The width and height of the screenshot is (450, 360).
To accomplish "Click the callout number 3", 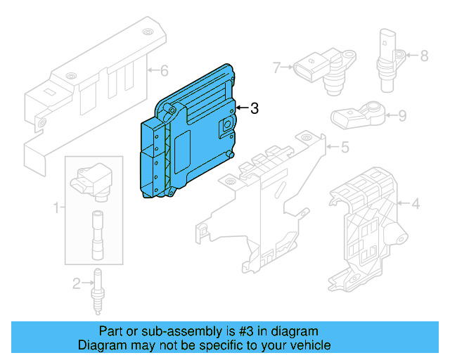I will tap(255, 108).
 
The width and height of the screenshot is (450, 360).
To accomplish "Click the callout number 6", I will tap(165, 70).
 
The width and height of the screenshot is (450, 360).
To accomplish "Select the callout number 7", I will tap(276, 67).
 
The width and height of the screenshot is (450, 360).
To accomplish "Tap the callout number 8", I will tap(424, 55).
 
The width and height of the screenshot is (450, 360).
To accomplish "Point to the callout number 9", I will tap(402, 115).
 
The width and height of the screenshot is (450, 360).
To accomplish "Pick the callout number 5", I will tap(345, 148).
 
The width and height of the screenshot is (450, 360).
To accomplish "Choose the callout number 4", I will tap(415, 205).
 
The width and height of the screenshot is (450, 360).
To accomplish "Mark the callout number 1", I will tap(55, 208).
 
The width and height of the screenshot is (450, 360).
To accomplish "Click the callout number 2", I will tap(76, 283).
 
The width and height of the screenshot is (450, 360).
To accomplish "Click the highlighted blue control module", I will tap(190, 134).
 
